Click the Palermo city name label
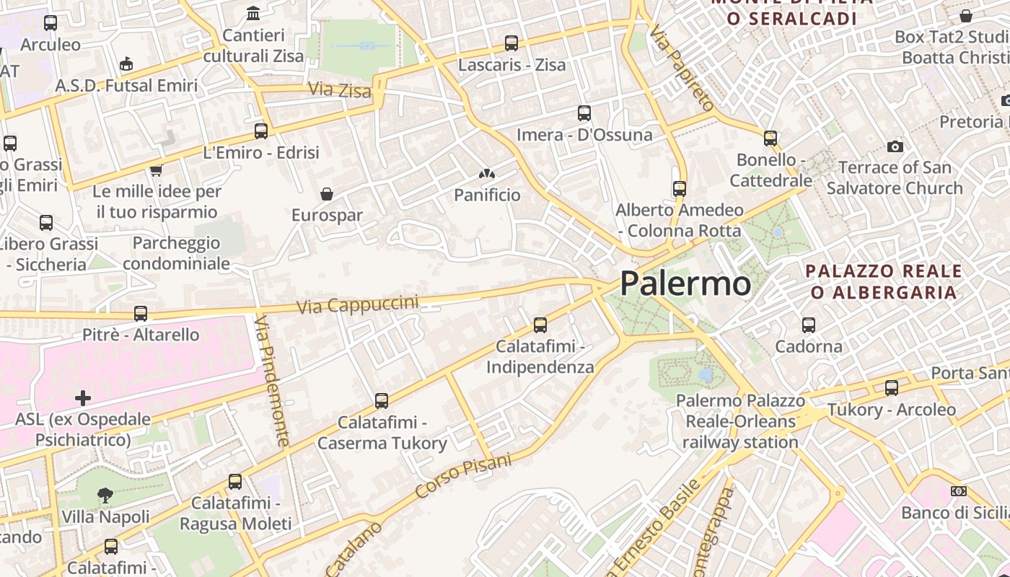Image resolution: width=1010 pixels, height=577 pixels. pyautogui.click(x=685, y=283)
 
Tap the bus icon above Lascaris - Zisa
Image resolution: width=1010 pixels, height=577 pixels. pyautogui.click(x=511, y=43)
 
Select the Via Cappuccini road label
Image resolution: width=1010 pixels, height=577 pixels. pyautogui.click(x=357, y=304)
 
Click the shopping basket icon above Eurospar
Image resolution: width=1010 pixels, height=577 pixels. pyautogui.click(x=327, y=194)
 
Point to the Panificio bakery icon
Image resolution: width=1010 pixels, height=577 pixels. pyautogui.click(x=487, y=174)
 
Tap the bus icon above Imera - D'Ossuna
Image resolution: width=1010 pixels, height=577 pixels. pyautogui.click(x=584, y=113)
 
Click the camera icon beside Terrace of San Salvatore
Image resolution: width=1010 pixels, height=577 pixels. pyautogui.click(x=895, y=146)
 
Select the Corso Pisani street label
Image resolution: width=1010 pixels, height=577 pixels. pyautogui.click(x=463, y=476)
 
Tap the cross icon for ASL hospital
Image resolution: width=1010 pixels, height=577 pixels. pyautogui.click(x=83, y=398)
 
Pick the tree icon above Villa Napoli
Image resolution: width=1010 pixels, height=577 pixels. pyautogui.click(x=105, y=495)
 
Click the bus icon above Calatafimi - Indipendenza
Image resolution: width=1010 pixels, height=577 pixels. pyautogui.click(x=540, y=325)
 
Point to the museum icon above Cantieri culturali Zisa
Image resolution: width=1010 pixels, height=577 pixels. pyautogui.click(x=253, y=14)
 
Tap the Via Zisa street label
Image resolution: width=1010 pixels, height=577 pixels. pyautogui.click(x=340, y=90)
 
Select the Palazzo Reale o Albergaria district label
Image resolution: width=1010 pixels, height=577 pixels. pyautogui.click(x=884, y=282)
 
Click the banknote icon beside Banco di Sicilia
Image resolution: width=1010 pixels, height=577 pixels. pyautogui.click(x=959, y=491)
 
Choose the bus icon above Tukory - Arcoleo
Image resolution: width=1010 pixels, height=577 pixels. pyautogui.click(x=892, y=388)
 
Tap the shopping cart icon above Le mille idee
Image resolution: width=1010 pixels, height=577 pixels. pyautogui.click(x=156, y=171)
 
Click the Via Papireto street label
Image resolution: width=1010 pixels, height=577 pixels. pyautogui.click(x=681, y=67)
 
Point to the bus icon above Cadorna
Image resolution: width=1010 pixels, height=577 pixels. pyautogui.click(x=809, y=325)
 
